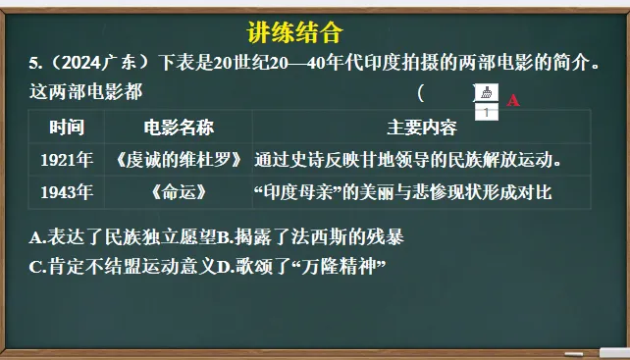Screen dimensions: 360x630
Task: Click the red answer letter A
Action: (513, 99)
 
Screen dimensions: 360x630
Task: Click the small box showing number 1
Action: (487, 112)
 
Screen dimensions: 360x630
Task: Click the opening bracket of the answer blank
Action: (421, 94)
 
